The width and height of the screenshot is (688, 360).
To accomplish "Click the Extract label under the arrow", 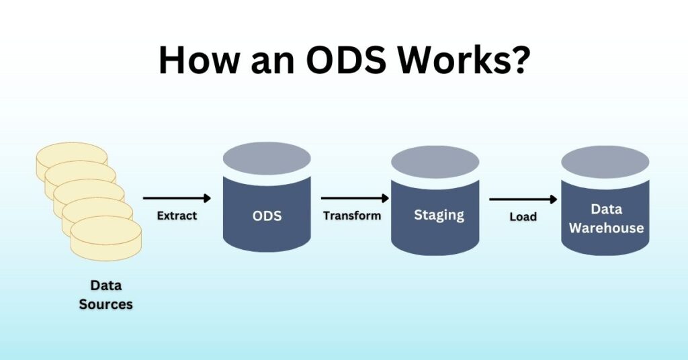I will point(177,216).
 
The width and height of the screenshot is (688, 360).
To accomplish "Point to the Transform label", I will point(351,216).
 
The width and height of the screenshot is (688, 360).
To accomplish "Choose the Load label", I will point(523,217).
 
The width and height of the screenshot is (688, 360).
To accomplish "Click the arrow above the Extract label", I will point(177,198).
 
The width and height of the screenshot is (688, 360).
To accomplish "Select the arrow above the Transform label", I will point(355,198).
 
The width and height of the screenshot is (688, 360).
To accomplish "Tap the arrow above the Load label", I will point(523,199).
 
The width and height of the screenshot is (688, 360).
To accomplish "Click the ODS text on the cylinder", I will point(267,217).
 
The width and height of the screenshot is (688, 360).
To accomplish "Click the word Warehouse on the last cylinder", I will point(606,228).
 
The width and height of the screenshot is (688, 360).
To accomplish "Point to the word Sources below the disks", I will point(105,304).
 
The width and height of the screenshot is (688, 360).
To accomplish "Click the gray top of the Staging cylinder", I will point(435,162).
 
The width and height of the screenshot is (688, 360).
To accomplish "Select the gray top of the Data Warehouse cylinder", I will point(605,161).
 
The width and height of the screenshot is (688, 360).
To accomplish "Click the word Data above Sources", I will point(105,286).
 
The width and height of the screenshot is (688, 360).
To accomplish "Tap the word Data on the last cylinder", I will point(606,210).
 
